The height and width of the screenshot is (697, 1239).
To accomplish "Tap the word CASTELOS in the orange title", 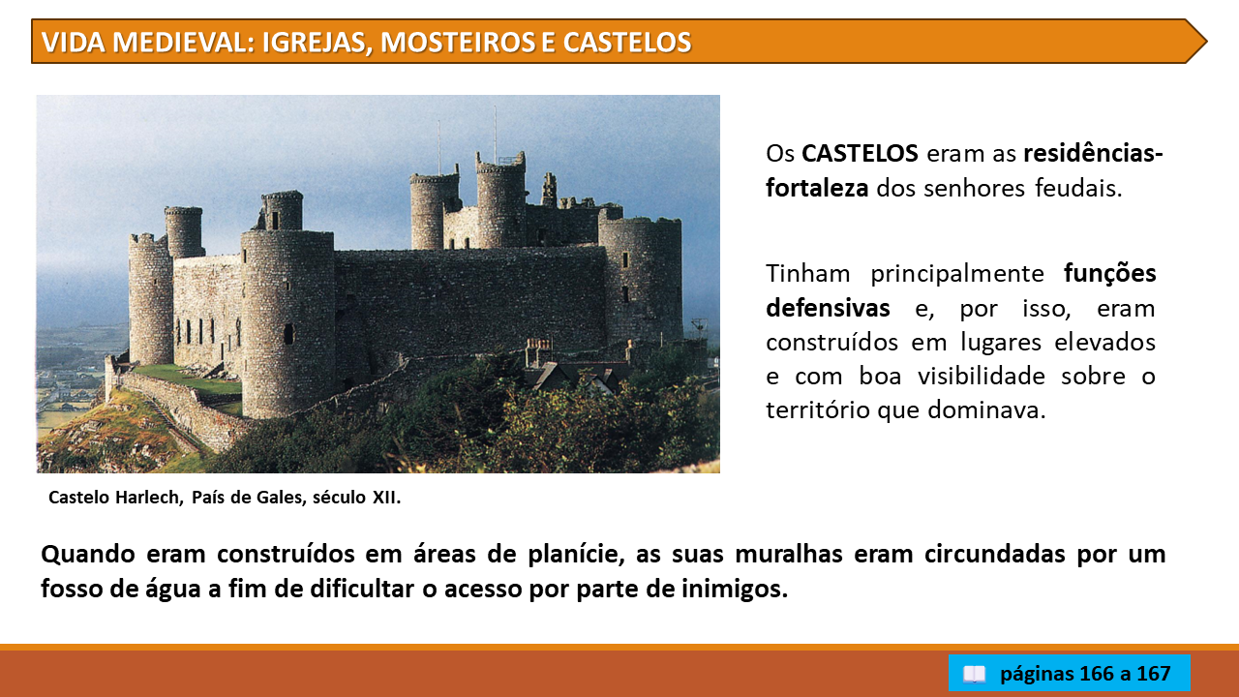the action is click(x=627, y=42).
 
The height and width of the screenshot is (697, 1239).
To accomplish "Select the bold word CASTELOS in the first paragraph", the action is click(x=861, y=153).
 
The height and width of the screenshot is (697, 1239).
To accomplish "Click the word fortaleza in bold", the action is click(x=817, y=188).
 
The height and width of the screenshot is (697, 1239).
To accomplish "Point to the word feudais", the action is click(x=1078, y=188).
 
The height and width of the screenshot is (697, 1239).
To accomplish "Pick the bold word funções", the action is click(x=1109, y=274).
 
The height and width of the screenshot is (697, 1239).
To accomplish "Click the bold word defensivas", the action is click(x=828, y=308).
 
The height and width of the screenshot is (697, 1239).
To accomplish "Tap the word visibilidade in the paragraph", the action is click(x=982, y=377).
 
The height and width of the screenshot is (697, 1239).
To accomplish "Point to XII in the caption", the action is click(x=385, y=498).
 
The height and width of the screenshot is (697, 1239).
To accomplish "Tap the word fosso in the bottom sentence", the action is click(x=72, y=588).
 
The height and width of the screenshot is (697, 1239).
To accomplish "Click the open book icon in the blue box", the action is click(x=974, y=674).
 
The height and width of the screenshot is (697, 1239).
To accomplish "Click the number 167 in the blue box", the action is click(x=1153, y=674).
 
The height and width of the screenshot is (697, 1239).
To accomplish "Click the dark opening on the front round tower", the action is click(x=288, y=334).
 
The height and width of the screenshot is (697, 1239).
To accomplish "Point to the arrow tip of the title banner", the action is click(x=1206, y=42).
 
